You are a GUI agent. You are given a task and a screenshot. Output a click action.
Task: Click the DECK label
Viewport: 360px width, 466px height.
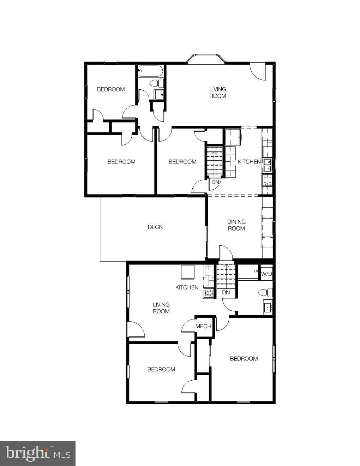point(155,227)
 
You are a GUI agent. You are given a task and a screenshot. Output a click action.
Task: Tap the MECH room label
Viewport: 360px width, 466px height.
point(203,327)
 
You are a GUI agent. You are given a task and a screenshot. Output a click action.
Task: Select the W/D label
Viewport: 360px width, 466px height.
point(266,274)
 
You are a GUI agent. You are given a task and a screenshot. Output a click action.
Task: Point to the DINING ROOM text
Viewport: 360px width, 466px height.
point(236,225)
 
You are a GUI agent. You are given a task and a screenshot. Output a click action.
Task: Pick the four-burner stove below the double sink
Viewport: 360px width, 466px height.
point(267,180)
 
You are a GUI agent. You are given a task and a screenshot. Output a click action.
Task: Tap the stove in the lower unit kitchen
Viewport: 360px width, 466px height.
point(209,293)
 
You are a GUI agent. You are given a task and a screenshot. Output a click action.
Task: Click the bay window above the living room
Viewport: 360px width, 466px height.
point(206,59)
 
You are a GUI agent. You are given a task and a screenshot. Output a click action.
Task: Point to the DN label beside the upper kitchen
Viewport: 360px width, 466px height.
point(215,183)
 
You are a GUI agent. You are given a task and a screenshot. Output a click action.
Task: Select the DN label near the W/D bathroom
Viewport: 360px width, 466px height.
point(226,292)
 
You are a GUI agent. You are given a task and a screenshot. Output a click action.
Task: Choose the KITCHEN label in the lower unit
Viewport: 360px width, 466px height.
point(187,287)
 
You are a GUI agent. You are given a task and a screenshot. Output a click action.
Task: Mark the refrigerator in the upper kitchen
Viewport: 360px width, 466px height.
point(233,137)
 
